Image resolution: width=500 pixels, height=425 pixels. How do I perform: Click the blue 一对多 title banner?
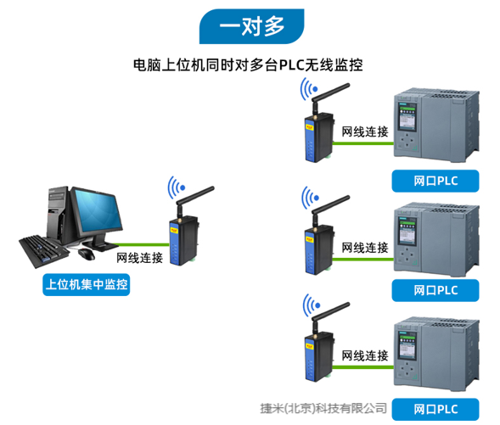click(250, 25)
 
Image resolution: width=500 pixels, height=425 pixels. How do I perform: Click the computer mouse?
click(86, 252)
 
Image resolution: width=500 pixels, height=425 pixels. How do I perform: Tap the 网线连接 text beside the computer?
click(138, 257)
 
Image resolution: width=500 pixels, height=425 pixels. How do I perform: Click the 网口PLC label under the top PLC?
click(435, 180)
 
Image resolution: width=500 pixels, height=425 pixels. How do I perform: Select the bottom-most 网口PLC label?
click(435, 407)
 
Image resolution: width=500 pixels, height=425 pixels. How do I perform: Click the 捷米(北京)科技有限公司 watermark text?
click(323, 408)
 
